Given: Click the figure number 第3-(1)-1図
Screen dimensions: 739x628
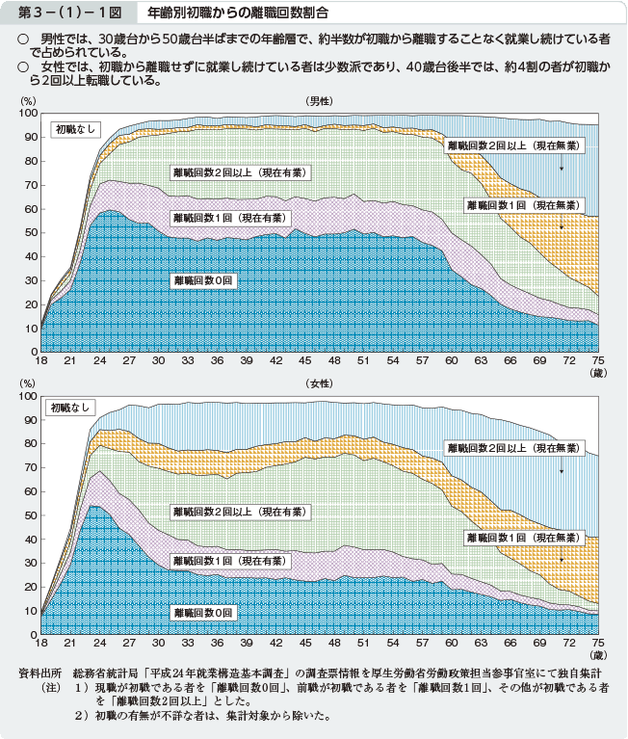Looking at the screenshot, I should pyautogui.click(x=64, y=14).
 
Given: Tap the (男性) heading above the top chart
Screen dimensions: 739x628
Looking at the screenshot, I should pyautogui.click(x=319, y=101).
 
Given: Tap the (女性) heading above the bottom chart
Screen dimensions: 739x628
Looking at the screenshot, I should pyautogui.click(x=319, y=383).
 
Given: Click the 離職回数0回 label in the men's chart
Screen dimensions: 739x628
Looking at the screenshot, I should pyautogui.click(x=203, y=280).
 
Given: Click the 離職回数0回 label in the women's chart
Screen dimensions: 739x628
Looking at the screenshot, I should pyautogui.click(x=203, y=612).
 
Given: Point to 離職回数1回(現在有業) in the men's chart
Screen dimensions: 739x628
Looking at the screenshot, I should pyautogui.click(x=228, y=219).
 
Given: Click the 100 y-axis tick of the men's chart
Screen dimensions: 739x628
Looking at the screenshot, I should pyautogui.click(x=27, y=114).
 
